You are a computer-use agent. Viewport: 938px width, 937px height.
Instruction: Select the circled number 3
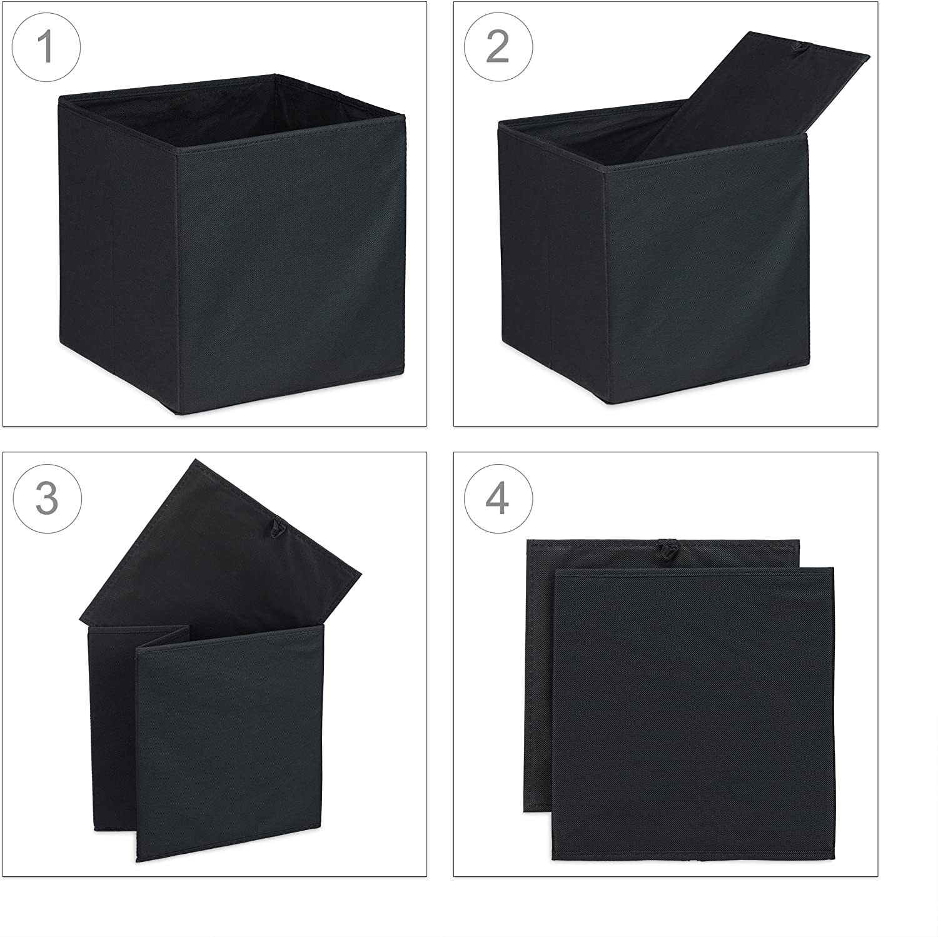(x=47, y=498)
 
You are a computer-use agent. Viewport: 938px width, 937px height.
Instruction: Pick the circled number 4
(x=498, y=498)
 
